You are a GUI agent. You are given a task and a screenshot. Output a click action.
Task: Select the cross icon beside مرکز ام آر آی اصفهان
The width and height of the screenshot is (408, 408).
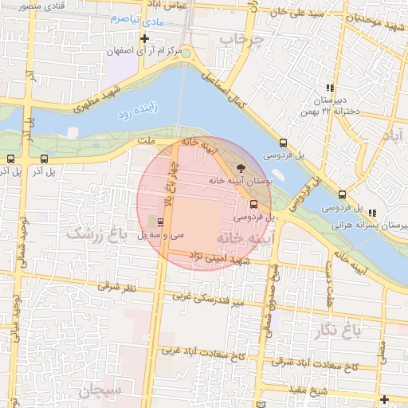point(144,38)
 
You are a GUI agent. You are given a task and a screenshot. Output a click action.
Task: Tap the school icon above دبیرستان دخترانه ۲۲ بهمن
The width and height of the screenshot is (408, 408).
point(329,88)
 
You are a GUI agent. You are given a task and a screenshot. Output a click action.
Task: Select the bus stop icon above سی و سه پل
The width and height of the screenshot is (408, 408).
point(162,222)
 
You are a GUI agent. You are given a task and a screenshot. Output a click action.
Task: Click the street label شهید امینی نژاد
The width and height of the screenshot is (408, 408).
point(220,257)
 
